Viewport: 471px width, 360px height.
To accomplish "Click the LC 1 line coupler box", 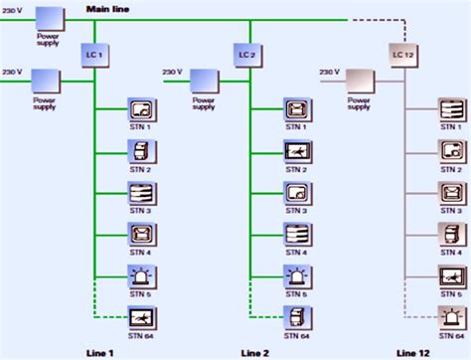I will point(93,52).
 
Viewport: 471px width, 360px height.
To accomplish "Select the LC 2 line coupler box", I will point(249,52).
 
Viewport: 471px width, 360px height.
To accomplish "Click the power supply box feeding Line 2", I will point(204,80).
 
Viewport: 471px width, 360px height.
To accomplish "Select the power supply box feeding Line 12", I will point(358,80).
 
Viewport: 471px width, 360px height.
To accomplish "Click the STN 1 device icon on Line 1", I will point(141,108).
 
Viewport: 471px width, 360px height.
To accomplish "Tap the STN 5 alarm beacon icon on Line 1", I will point(141,276).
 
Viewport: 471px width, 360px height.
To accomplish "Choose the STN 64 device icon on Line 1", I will point(141,319).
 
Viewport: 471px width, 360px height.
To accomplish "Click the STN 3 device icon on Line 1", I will point(141,193).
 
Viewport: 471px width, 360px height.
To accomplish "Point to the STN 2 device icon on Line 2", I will point(296,151).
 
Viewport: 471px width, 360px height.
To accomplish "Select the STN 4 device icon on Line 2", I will point(296,235).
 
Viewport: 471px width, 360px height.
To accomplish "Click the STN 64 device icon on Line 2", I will point(296,319).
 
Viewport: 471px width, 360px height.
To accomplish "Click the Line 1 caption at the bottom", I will point(99,352).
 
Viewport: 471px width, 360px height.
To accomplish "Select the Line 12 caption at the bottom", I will point(413,352).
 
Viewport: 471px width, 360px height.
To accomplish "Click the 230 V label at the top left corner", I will point(12,10).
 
